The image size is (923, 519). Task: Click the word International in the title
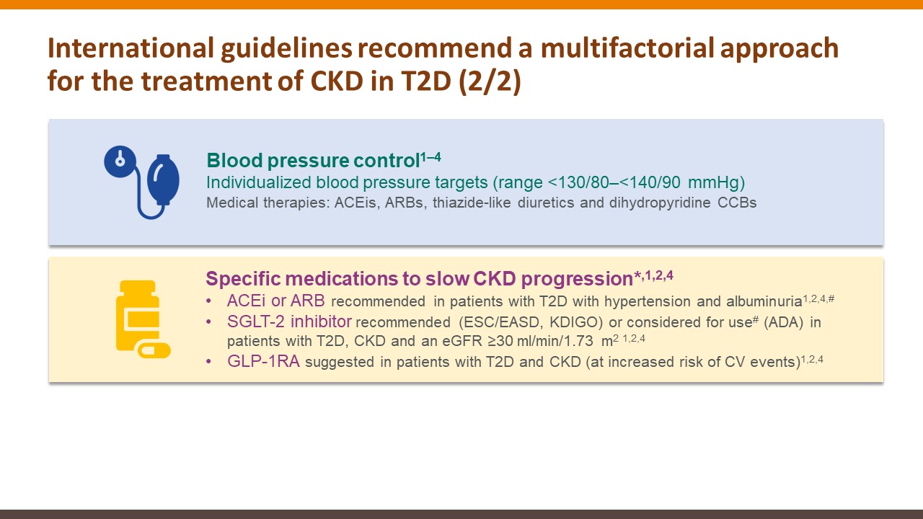click(131, 48)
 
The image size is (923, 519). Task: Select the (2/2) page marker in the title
click(490, 81)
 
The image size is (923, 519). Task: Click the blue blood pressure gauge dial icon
click(120, 161)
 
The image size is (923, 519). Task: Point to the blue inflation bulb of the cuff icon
click(164, 179)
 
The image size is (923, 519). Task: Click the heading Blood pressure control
click(313, 161)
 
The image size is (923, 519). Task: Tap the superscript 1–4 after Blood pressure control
click(430, 157)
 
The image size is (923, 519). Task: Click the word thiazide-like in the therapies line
click(472, 203)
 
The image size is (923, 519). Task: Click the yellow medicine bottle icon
click(138, 316)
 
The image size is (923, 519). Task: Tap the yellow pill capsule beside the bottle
click(154, 350)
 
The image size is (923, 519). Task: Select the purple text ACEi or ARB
click(275, 301)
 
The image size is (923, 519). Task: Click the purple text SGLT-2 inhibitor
click(289, 321)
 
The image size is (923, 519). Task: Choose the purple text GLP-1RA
click(263, 361)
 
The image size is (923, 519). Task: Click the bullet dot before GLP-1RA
click(209, 362)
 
